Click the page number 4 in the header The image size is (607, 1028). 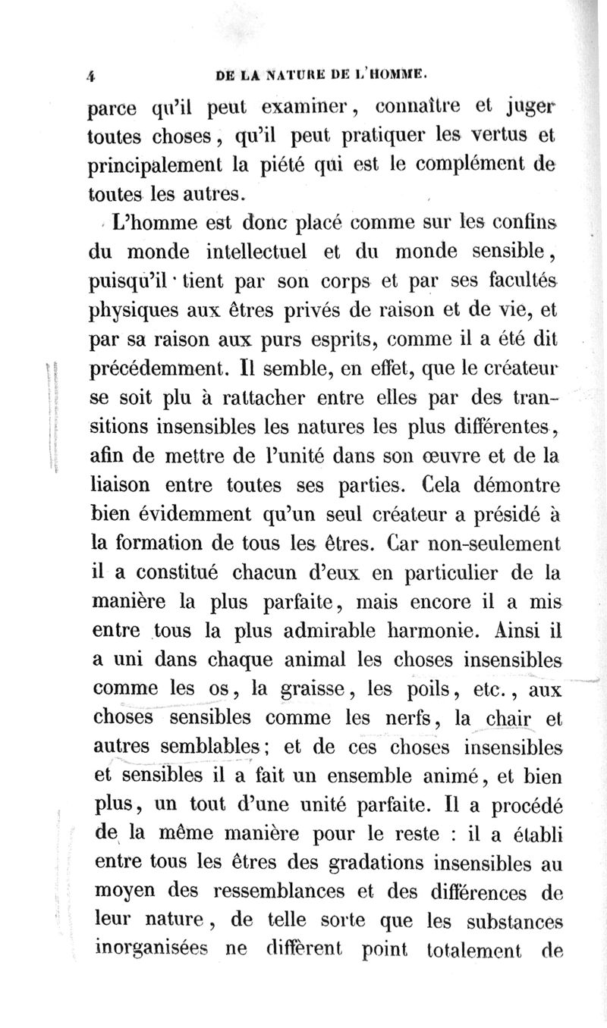point(89,76)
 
